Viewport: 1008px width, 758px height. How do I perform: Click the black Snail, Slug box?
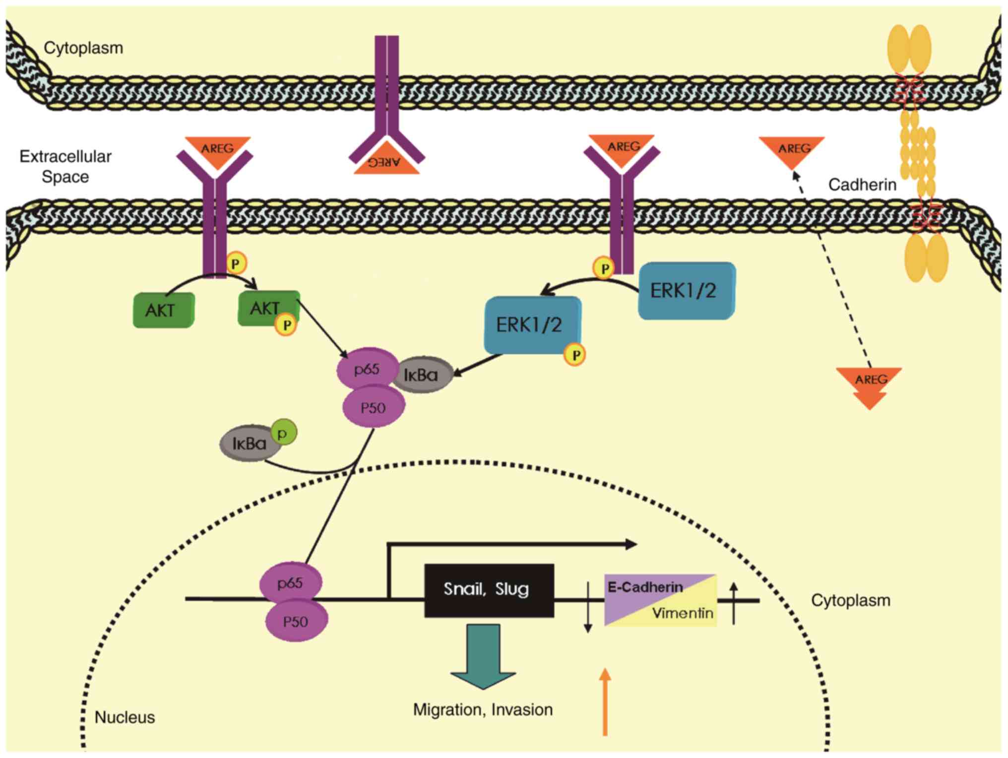tap(489, 590)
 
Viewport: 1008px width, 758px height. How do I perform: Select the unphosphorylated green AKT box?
tap(163, 310)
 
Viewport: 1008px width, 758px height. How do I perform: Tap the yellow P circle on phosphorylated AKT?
tap(286, 325)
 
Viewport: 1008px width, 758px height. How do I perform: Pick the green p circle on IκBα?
tap(283, 433)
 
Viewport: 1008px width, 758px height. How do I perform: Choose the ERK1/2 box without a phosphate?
tap(686, 291)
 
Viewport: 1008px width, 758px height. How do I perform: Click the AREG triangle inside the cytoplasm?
tap(869, 384)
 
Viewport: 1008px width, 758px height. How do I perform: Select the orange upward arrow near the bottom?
tap(605, 702)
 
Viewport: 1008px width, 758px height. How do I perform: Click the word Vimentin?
tap(683, 613)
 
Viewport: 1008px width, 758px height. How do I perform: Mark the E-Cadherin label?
tap(645, 587)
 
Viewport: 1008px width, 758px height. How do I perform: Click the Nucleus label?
tap(125, 717)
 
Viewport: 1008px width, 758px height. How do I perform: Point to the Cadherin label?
tap(862, 185)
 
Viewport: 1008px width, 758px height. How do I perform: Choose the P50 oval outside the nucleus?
tap(374, 407)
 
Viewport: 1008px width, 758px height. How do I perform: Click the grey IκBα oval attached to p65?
tap(422, 375)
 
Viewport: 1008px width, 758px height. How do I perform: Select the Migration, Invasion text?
tap(483, 710)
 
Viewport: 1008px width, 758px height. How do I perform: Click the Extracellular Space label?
tap(65, 166)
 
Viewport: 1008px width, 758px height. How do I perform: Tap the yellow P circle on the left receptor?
tap(236, 263)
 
